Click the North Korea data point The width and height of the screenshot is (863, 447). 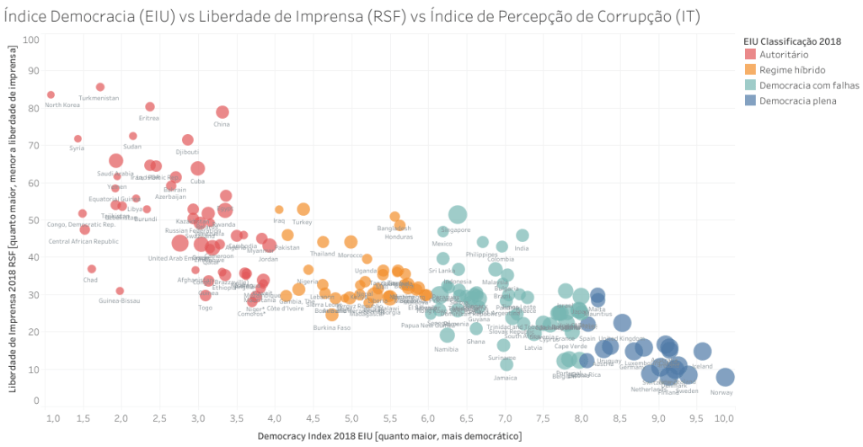pyautogui.click(x=51, y=95)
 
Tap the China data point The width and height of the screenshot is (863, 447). pyautogui.click(x=222, y=112)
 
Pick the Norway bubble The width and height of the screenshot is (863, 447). pyautogui.click(x=725, y=377)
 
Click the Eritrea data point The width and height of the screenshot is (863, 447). pyautogui.click(x=150, y=107)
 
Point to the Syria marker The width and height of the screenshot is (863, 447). pyautogui.click(x=78, y=138)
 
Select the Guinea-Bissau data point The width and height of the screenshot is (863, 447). pyautogui.click(x=120, y=291)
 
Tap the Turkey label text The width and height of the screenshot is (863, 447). pyautogui.click(x=302, y=222)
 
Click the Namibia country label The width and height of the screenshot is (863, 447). pyautogui.click(x=446, y=349)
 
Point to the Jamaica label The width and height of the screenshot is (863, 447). pyautogui.click(x=506, y=378)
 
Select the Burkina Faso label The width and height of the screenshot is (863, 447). pyautogui.click(x=332, y=327)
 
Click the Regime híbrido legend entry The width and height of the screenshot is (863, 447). pyautogui.click(x=791, y=70)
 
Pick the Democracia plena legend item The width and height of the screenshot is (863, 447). pyautogui.click(x=796, y=100)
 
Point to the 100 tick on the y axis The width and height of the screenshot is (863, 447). pyautogui.click(x=32, y=40)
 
